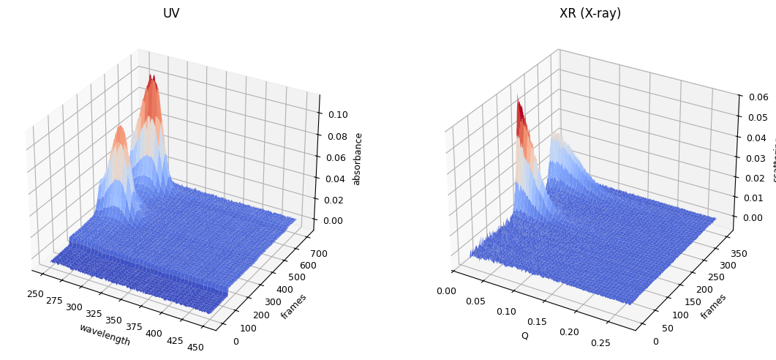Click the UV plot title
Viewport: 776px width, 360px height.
(171, 14)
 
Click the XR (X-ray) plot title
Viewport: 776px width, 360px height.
(589, 14)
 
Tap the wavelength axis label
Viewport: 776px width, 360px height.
(105, 335)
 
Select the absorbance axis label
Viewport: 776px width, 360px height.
(358, 159)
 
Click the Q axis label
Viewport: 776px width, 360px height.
(524, 336)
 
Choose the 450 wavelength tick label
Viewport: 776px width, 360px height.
(196, 348)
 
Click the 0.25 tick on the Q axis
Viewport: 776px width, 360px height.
(622, 343)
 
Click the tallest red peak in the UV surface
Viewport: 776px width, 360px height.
(151, 78)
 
